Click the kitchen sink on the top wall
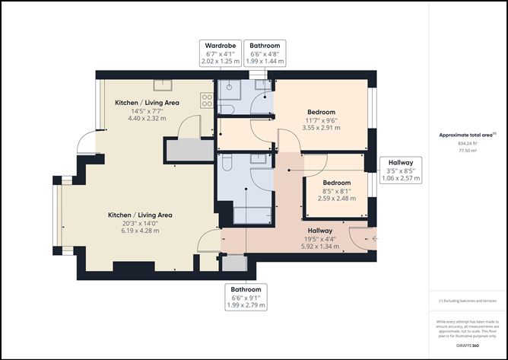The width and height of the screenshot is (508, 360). [x=164, y=84]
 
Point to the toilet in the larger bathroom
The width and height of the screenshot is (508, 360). [x=227, y=164]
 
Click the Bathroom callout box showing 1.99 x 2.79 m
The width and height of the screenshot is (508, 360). [x=246, y=297]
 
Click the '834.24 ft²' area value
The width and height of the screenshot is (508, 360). [x=468, y=143]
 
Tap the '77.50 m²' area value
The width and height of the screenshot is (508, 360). [x=468, y=151]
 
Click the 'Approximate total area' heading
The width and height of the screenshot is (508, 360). [x=467, y=135]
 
